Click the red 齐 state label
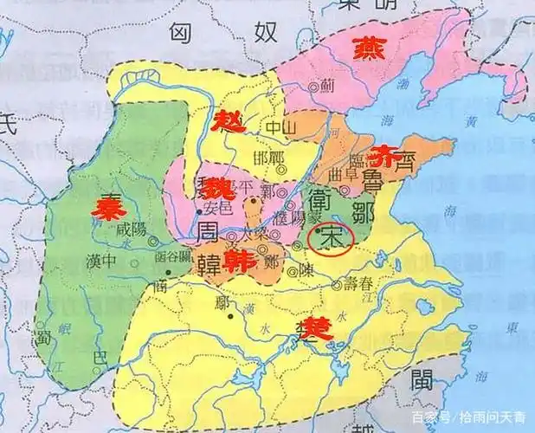(382, 157)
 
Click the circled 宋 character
(330, 240)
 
